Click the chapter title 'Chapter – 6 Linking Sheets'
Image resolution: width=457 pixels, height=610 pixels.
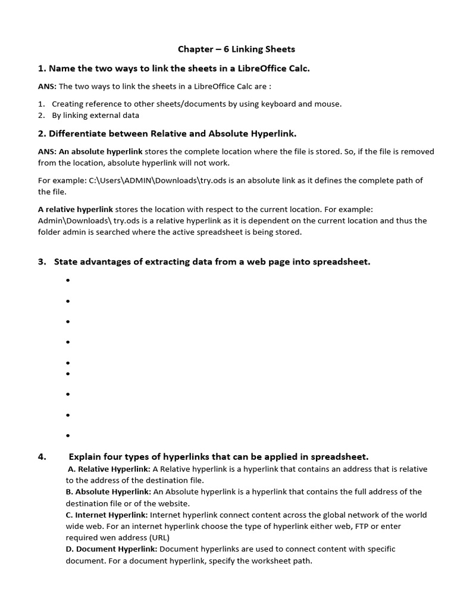point(237,49)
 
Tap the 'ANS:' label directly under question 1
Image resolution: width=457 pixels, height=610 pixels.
point(48,86)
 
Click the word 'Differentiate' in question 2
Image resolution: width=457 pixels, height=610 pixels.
point(76,133)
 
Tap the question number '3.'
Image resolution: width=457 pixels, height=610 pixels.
point(42,262)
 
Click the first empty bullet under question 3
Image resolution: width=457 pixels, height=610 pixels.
point(68,281)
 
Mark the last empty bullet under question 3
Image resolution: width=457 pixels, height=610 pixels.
point(68,435)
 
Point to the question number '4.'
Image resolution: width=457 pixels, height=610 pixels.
point(42,457)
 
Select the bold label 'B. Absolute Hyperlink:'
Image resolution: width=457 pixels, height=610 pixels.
point(109,491)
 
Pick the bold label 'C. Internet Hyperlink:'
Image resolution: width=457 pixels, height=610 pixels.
point(107,515)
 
